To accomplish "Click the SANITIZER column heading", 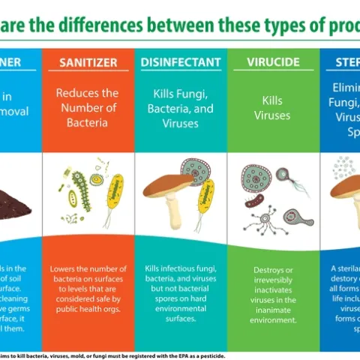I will point(88,62).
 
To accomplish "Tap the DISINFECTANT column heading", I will point(180,62).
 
